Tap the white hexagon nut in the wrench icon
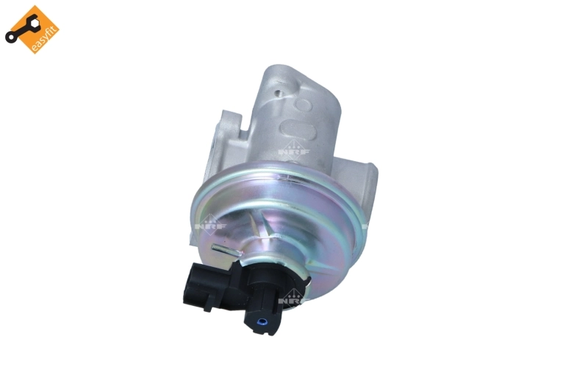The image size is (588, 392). point(33,24)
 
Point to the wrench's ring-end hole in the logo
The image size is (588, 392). point(10,38)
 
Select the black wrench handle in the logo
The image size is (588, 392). point(22,31)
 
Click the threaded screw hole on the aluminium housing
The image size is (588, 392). point(278,92)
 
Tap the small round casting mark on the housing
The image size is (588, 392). point(303,104)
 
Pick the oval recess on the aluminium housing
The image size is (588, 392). point(298,130)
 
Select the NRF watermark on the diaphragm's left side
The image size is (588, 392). point(210,225)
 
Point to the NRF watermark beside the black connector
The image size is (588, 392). point(293,299)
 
